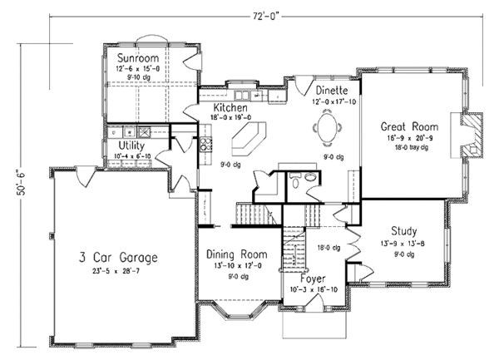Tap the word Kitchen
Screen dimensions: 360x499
tap(231, 109)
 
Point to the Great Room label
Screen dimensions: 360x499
tap(405, 126)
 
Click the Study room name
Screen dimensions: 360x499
tap(403, 230)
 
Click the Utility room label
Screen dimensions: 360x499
tap(133, 145)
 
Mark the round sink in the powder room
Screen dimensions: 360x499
tap(293, 177)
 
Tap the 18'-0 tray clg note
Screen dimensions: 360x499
tap(404, 148)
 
